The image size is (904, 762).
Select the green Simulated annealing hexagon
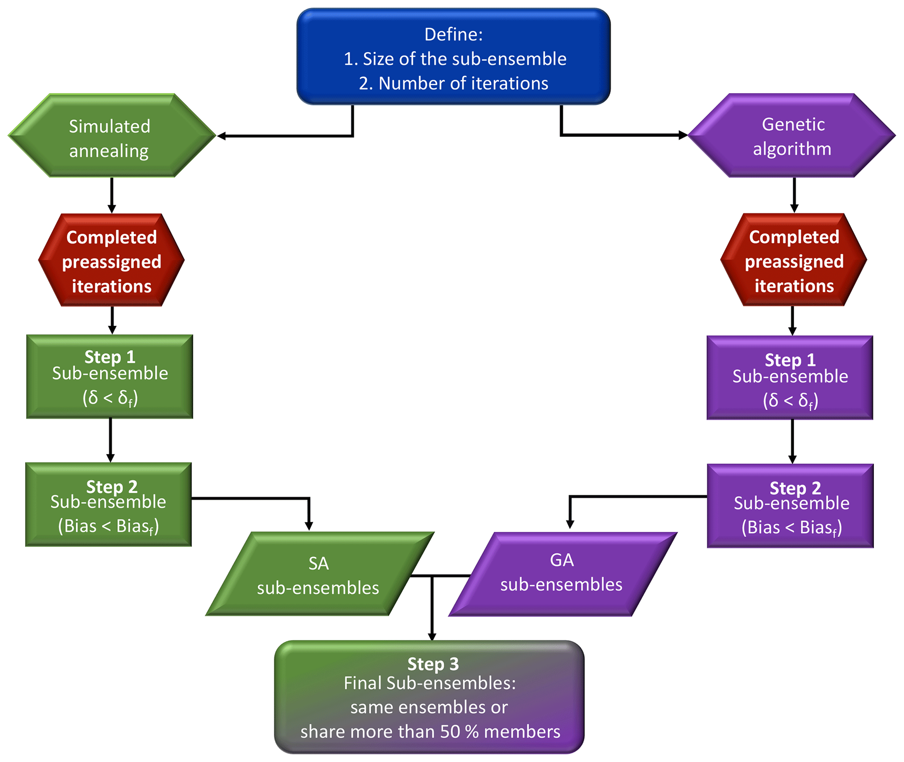click(x=111, y=136)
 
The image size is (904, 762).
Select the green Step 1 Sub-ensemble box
click(x=109, y=377)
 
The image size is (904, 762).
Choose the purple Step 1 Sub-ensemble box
click(x=790, y=378)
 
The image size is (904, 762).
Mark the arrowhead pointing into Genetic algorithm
click(x=683, y=135)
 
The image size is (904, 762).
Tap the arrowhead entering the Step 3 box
click(x=432, y=636)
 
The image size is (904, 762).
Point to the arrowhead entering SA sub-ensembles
click(x=309, y=526)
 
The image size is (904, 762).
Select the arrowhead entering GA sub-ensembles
click(x=570, y=524)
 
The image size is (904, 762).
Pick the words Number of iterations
click(x=463, y=83)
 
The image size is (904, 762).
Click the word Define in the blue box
click(x=453, y=35)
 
